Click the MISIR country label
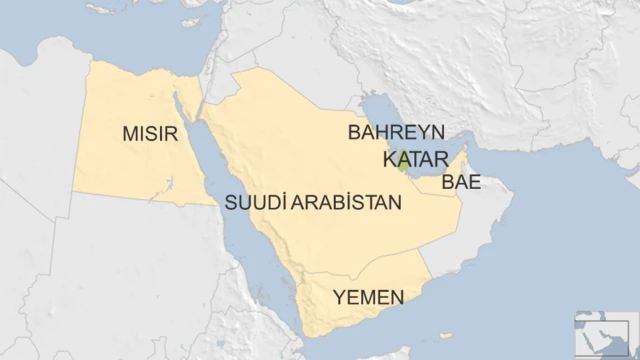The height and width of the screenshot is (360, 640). pos(151,133)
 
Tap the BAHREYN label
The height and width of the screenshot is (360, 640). pos(395,133)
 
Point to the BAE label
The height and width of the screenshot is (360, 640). pos(461,182)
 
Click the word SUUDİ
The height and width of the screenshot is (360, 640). pos(254,202)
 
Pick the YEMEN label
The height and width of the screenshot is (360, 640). pos(369,296)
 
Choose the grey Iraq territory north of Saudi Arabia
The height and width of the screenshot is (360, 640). pos(300,45)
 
